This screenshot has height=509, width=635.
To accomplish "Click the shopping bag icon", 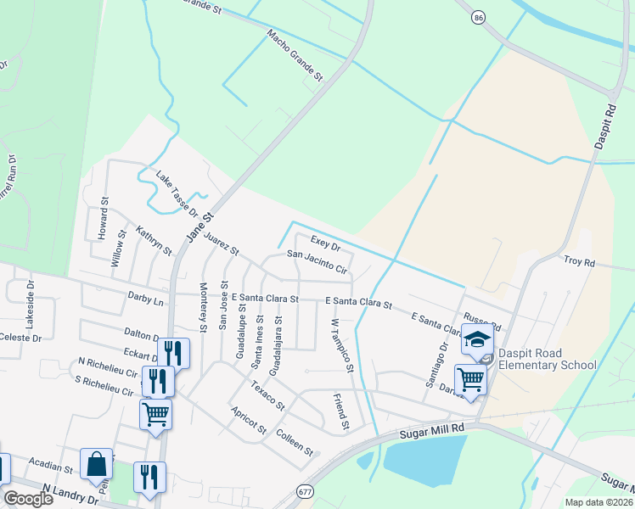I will (x=96, y=464).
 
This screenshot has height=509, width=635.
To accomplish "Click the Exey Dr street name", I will (x=325, y=243).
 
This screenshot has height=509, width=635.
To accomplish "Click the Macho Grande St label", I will (x=295, y=56).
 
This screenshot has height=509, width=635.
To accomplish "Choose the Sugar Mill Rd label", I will (x=434, y=433).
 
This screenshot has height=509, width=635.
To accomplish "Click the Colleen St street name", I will (x=295, y=440).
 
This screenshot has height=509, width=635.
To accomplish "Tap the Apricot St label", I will (x=249, y=420).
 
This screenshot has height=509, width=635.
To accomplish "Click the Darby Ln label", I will (x=145, y=299).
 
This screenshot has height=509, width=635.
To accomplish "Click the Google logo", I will (x=28, y=498).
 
